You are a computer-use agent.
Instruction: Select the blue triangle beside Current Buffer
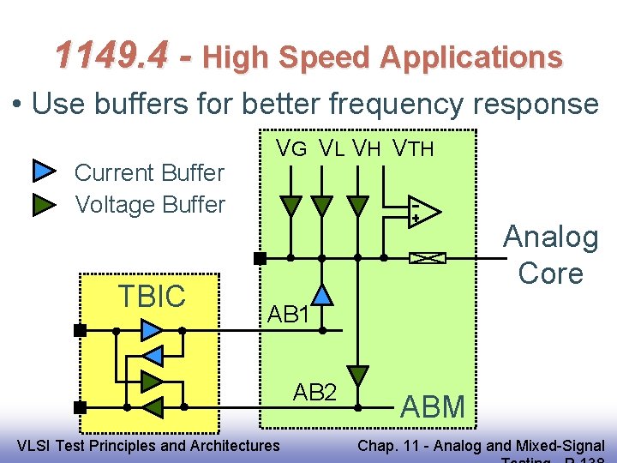(x=44, y=172)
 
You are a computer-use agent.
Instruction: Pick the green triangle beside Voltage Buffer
(x=44, y=205)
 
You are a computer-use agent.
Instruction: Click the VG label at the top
(x=291, y=148)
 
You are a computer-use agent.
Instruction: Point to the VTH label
(x=413, y=148)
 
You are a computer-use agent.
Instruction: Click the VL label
(x=332, y=148)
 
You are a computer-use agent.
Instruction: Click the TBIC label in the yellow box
(x=152, y=296)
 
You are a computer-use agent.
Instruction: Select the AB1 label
(x=288, y=314)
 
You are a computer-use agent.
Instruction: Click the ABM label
(x=433, y=406)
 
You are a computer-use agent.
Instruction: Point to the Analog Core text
(x=550, y=255)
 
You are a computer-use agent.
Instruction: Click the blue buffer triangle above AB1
(x=321, y=295)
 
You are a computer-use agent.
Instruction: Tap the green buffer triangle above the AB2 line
(x=358, y=376)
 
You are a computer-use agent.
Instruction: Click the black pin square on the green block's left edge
(x=260, y=257)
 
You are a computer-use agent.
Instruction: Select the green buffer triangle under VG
(x=291, y=206)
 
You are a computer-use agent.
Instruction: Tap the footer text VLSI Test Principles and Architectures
(x=148, y=445)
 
